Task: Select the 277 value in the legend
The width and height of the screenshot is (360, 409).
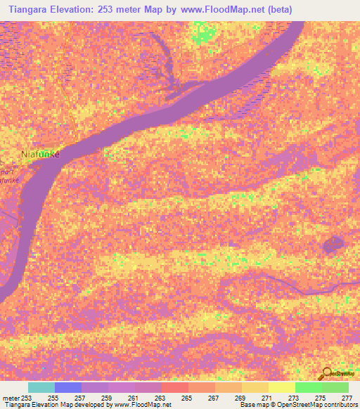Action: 347,397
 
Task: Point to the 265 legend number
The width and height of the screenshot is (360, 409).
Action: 187,397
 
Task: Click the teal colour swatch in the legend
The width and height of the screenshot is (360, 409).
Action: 41,387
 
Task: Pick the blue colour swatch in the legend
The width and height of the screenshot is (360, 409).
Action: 68,387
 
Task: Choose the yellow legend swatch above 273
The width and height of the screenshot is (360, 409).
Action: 281,387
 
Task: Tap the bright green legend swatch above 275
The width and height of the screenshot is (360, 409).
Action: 308,387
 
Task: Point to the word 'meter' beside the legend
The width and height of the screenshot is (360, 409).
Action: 11,397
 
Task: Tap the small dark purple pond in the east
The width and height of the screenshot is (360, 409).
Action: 331,245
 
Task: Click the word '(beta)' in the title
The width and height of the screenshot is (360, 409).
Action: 277,9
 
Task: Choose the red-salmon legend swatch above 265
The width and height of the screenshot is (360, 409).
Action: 174,387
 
